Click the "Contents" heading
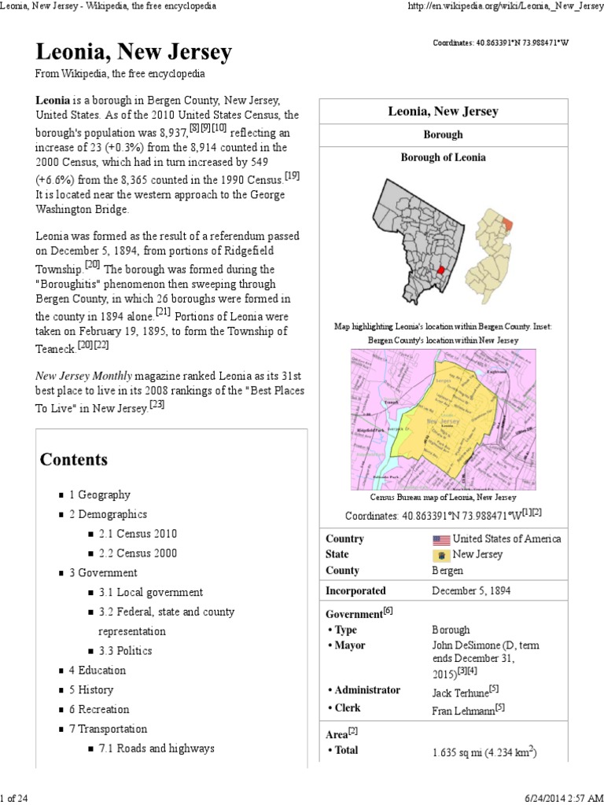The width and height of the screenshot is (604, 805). [x=74, y=459]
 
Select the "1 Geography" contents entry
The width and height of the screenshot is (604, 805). [x=100, y=495]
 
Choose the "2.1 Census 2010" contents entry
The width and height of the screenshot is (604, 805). [x=138, y=534]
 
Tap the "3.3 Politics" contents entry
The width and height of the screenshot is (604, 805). [x=126, y=651]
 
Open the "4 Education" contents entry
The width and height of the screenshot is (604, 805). [x=98, y=671]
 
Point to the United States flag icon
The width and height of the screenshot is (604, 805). [x=440, y=539]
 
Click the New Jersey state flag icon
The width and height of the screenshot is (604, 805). [x=440, y=555]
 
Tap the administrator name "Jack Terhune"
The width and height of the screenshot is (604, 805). [x=460, y=693]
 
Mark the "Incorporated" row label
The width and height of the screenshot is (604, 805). [x=355, y=590]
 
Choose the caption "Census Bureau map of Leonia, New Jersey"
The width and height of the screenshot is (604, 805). [x=443, y=498]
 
